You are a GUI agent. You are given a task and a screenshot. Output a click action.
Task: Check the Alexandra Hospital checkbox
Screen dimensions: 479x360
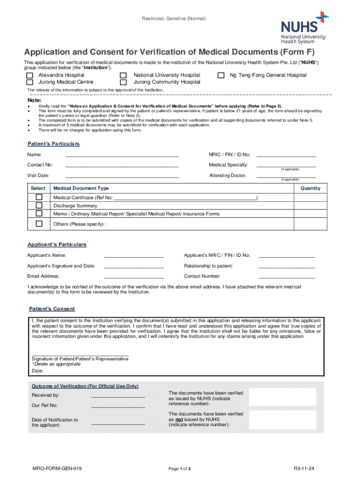(x=30, y=75)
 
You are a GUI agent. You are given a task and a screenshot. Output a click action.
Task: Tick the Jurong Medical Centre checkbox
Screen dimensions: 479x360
(x=30, y=82)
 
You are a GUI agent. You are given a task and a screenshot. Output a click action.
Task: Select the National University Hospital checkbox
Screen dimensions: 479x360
(x=123, y=75)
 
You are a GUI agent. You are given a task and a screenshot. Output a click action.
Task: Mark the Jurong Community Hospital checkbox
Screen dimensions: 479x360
(x=123, y=82)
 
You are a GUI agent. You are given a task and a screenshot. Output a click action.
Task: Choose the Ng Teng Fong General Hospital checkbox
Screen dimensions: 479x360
(x=221, y=75)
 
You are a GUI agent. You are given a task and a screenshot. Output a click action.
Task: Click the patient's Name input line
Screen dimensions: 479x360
(x=122, y=154)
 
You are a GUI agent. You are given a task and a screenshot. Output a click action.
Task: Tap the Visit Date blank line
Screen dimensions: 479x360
(x=122, y=176)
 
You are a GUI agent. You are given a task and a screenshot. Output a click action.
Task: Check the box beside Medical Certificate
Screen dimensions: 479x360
(x=39, y=197)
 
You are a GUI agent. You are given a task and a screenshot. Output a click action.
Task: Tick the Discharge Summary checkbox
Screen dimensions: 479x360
(x=39, y=205)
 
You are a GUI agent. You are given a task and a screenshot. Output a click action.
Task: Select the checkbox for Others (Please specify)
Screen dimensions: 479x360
(x=39, y=224)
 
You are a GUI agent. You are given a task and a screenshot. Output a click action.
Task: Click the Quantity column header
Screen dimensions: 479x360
(x=310, y=188)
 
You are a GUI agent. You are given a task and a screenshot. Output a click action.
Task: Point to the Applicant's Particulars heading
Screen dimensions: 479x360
(x=57, y=245)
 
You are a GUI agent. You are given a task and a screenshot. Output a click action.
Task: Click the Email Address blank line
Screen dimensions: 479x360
(x=134, y=276)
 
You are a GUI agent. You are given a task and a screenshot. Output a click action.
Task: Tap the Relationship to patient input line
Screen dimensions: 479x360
(x=287, y=266)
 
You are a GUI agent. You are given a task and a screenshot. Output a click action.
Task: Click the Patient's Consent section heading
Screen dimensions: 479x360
(x=52, y=309)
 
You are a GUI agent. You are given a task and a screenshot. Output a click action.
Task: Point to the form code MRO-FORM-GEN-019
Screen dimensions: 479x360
(x=57, y=468)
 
